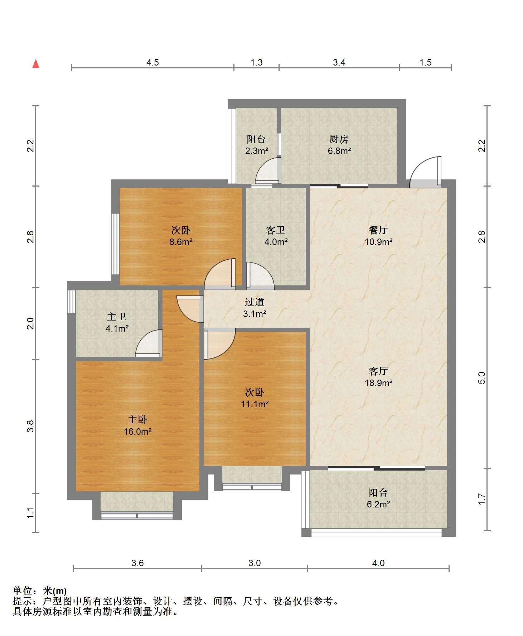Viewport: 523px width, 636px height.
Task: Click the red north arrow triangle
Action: pyautogui.click(x=35, y=64)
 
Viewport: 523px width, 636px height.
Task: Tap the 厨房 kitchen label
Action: pyautogui.click(x=339, y=139)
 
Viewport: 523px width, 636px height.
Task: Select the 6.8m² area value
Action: pyautogui.click(x=339, y=151)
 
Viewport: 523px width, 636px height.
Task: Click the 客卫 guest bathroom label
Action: pyautogui.click(x=276, y=230)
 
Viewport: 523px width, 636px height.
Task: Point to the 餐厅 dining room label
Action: pyautogui.click(x=378, y=230)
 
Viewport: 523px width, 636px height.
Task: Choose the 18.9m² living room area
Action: pyautogui.click(x=378, y=383)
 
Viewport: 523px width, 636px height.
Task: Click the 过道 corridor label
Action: pyautogui.click(x=255, y=302)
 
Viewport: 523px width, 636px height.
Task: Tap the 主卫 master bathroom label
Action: pyautogui.click(x=117, y=317)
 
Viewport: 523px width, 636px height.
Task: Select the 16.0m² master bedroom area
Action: pyautogui.click(x=137, y=432)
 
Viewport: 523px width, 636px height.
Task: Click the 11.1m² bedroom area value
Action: pyautogui.click(x=255, y=404)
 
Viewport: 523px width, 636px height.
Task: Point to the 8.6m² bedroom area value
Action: pyautogui.click(x=181, y=242)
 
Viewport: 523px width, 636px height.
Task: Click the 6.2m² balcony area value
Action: pyautogui.click(x=378, y=504)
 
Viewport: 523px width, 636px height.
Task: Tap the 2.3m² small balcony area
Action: pyautogui.click(x=256, y=151)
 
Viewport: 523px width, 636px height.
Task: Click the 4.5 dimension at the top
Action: pyautogui.click(x=152, y=62)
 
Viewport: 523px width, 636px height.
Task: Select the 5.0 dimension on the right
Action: pyautogui.click(x=482, y=378)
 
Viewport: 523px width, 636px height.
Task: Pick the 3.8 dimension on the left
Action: pyautogui.click(x=31, y=426)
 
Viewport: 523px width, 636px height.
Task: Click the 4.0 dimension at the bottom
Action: pyautogui.click(x=378, y=563)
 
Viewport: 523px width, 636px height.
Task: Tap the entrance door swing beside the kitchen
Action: pyautogui.click(x=425, y=172)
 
